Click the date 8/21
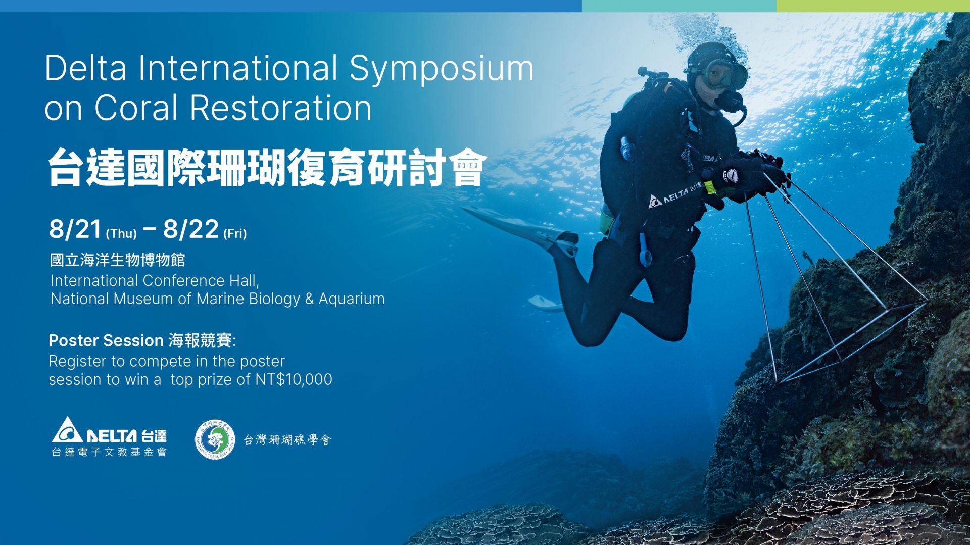[75, 229]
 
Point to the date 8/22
[190, 229]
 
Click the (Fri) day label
[235, 233]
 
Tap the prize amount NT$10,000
[294, 379]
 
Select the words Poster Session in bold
[106, 340]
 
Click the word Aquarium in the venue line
[352, 299]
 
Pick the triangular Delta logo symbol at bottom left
[68, 430]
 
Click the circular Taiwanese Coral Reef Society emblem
[216, 439]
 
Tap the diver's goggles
[725, 74]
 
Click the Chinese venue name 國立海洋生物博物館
[117, 260]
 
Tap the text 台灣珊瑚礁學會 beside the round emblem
[287, 440]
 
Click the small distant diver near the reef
[807, 257]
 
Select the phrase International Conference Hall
[155, 280]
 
